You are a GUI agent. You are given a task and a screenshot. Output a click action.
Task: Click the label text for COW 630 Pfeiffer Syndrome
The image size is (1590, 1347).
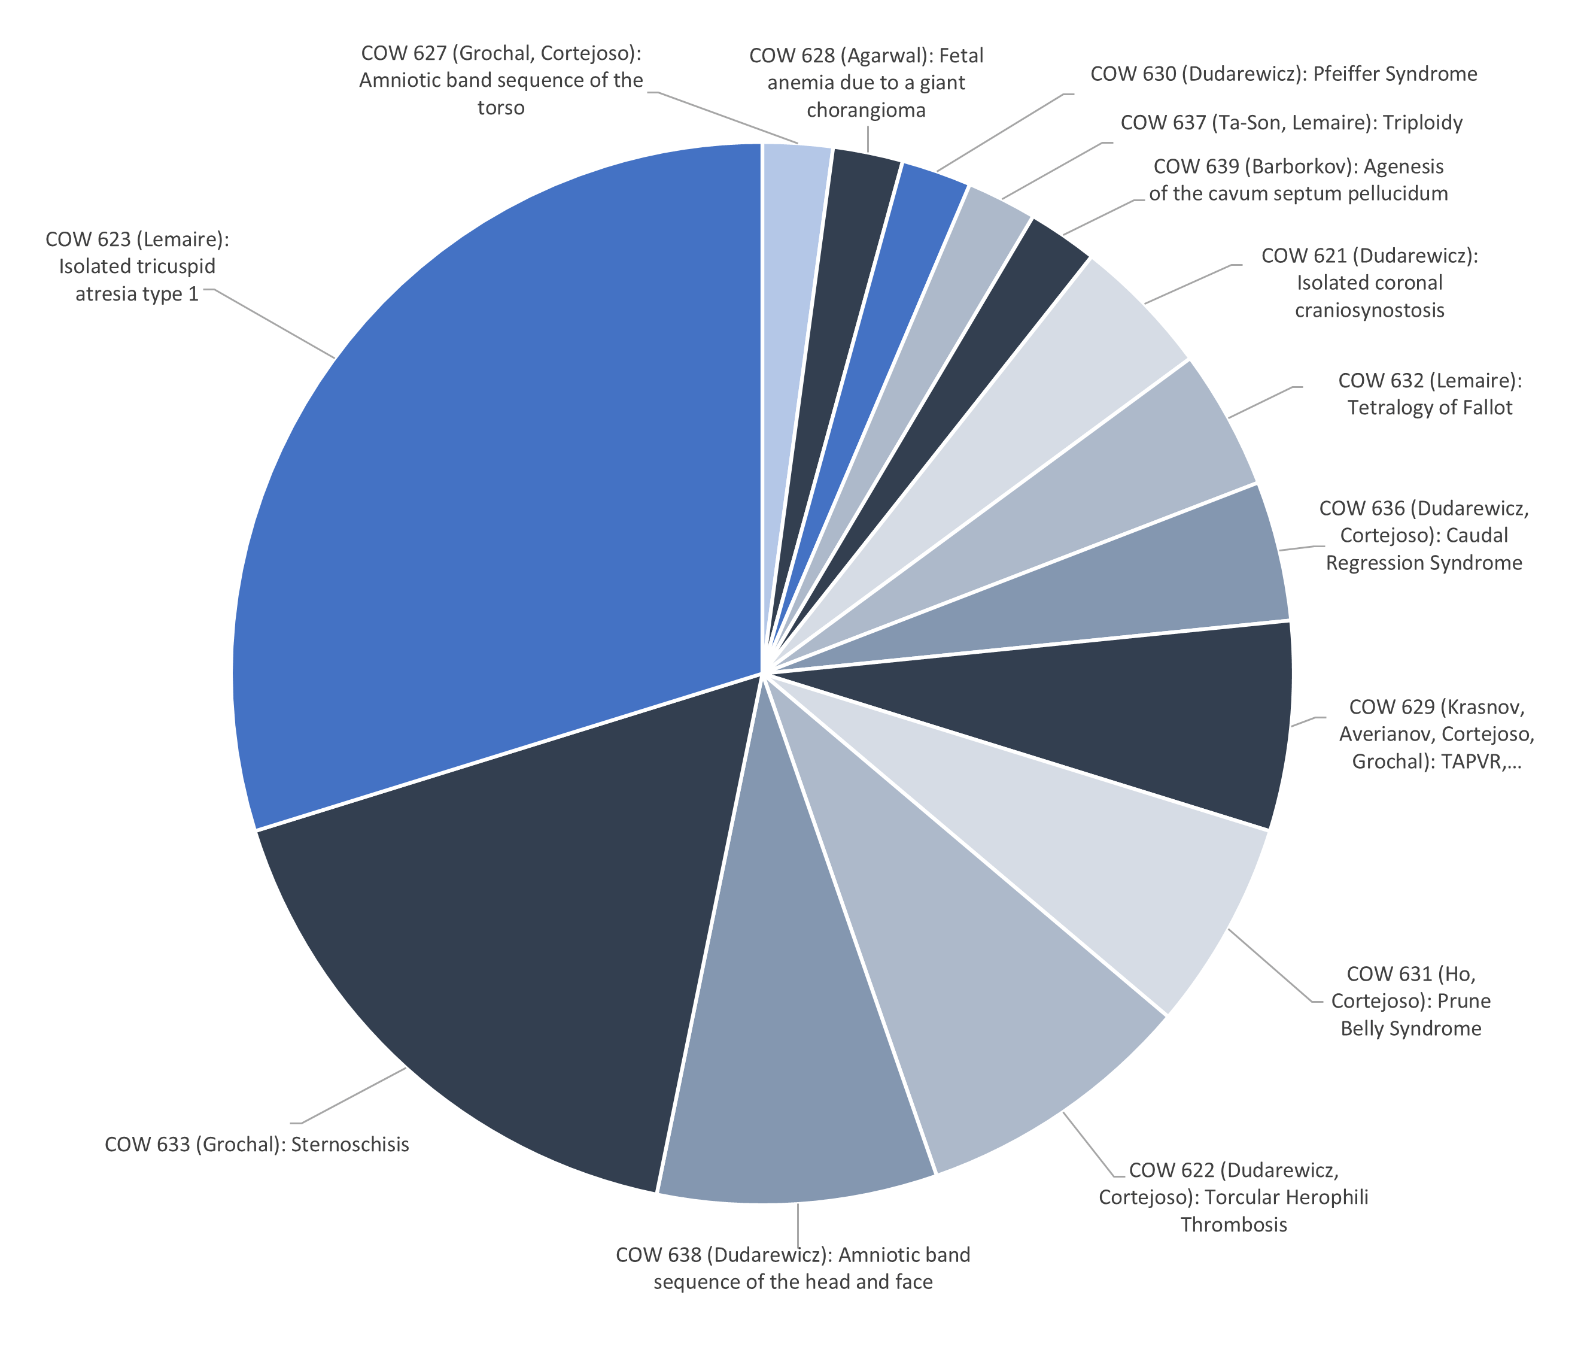pyautogui.click(x=1283, y=74)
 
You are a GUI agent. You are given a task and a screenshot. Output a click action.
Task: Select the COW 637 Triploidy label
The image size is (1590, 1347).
pyautogui.click(x=1291, y=123)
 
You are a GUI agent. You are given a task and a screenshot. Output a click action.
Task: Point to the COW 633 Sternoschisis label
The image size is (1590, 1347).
pyautogui.click(x=257, y=1145)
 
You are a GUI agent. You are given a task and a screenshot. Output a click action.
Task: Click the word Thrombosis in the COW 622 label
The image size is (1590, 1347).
pyautogui.click(x=1233, y=1225)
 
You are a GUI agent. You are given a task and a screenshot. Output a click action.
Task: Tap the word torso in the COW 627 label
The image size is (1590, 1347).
pyautogui.click(x=501, y=108)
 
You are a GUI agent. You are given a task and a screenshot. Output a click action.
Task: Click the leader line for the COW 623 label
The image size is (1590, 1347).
pyautogui.click(x=275, y=324)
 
